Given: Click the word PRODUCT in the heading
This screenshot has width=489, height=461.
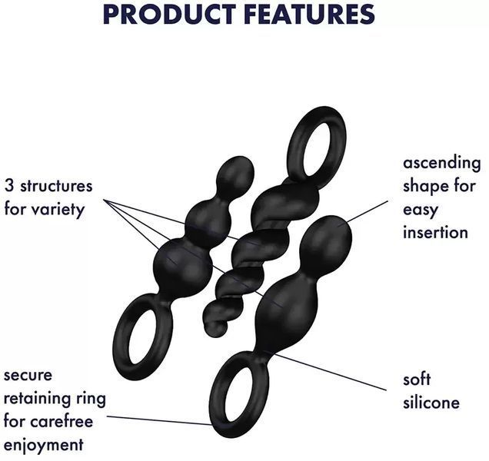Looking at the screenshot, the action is click(x=169, y=15).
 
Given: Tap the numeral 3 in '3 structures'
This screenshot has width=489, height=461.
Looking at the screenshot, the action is click(x=9, y=186).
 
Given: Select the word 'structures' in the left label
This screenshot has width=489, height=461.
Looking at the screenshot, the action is click(x=56, y=186).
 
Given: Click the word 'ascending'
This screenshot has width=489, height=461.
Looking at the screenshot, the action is click(x=441, y=164).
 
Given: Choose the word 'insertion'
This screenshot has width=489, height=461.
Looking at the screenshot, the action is click(x=435, y=232).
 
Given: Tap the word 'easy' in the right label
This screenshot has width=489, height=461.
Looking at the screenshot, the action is click(x=421, y=210).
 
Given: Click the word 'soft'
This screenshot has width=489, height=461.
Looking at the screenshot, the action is click(x=417, y=379).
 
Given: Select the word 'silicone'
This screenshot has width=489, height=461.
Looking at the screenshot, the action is click(x=431, y=402).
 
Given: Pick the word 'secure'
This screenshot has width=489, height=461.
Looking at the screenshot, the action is click(x=28, y=375).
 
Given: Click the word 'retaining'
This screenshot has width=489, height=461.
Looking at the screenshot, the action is click(x=36, y=400).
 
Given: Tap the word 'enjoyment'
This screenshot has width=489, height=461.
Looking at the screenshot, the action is click(x=44, y=445).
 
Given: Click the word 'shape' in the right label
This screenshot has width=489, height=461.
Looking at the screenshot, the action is click(x=426, y=187).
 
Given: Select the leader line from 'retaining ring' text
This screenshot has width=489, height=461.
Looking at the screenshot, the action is click(x=159, y=420).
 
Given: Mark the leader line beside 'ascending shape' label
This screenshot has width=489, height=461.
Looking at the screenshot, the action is click(x=368, y=211).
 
